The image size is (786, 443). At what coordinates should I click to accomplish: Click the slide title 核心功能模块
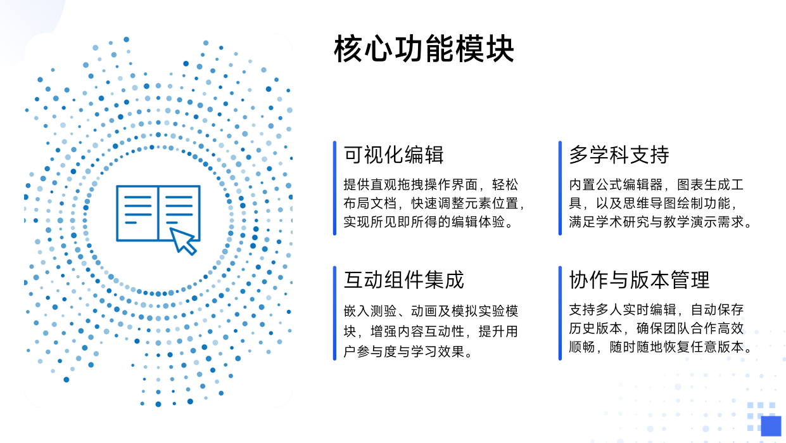pyautogui.click(x=424, y=49)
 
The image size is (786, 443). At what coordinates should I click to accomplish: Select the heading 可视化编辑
pyautogui.click(x=393, y=155)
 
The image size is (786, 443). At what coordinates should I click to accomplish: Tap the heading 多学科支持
pyautogui.click(x=619, y=155)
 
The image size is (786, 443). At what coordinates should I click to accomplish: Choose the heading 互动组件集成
pyautogui.click(x=403, y=279)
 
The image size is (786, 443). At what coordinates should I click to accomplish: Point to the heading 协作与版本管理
pyautogui.click(x=639, y=279)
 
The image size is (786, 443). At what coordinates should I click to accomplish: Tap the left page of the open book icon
pyautogui.click(x=137, y=213)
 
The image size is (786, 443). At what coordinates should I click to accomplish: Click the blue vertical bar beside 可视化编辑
pyautogui.click(x=334, y=188)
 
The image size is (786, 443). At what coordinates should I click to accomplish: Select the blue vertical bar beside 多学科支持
pyautogui.click(x=560, y=188)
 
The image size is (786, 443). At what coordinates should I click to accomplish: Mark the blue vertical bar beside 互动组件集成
pyautogui.click(x=334, y=313)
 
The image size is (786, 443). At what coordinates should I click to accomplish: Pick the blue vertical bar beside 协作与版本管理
pyautogui.click(x=560, y=313)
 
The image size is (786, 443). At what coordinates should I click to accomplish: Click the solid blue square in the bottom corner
pyautogui.click(x=771, y=426)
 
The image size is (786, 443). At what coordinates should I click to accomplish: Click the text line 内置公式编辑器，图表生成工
pyautogui.click(x=656, y=185)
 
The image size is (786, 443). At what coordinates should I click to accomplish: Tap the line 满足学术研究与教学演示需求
pyautogui.click(x=659, y=222)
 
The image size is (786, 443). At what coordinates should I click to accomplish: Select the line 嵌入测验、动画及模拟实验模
pyautogui.click(x=431, y=311)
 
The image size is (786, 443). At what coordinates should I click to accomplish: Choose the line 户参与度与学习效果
pyautogui.click(x=407, y=350)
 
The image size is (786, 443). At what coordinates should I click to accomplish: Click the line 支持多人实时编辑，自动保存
pyautogui.click(x=656, y=310)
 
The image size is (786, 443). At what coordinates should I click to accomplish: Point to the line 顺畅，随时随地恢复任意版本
pyautogui.click(x=659, y=347)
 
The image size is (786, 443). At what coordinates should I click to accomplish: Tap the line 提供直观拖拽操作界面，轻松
pyautogui.click(x=431, y=185)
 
